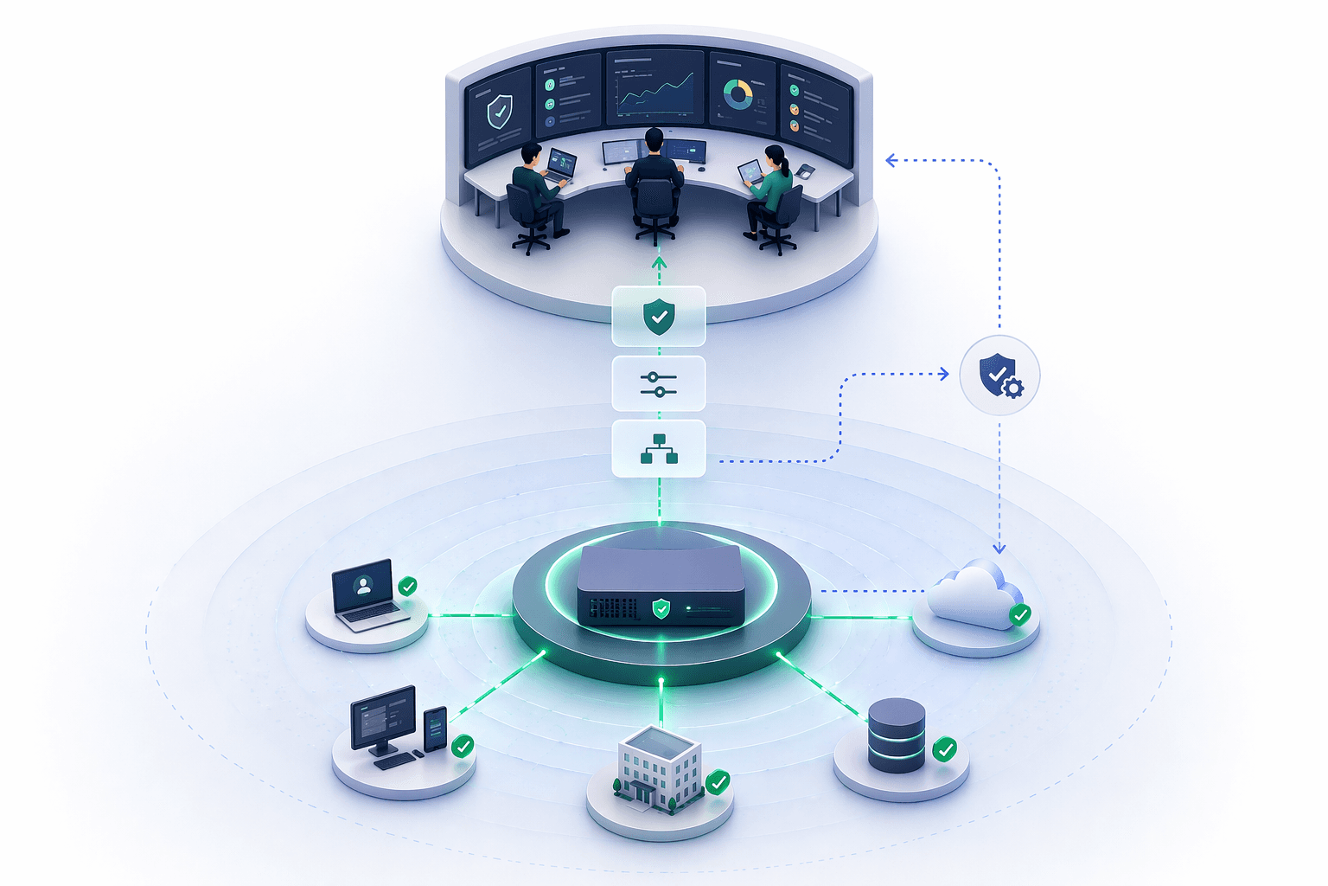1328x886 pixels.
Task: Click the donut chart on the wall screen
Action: click(737, 94)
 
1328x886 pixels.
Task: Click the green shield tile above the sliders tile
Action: click(659, 317)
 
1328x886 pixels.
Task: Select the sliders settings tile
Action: click(659, 384)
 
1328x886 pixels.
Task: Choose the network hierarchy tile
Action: click(659, 449)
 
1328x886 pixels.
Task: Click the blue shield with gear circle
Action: click(999, 376)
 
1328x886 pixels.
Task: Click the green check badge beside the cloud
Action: click(1020, 615)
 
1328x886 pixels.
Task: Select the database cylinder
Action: click(897, 735)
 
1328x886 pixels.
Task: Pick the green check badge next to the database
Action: click(945, 748)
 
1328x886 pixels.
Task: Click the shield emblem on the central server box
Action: click(661, 608)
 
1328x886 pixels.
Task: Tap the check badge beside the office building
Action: click(718, 782)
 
